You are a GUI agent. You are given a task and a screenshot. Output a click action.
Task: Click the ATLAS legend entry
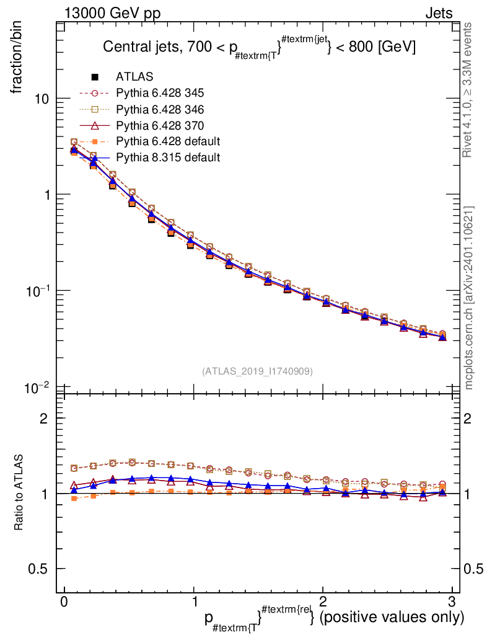(x=134, y=77)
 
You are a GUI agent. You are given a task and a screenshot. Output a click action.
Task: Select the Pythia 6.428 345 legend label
(x=160, y=93)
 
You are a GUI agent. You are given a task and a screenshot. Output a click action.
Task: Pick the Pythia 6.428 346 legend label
(x=160, y=109)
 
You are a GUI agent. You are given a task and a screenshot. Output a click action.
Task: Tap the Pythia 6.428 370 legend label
(x=160, y=125)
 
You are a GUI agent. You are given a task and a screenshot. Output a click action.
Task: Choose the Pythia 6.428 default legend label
(x=168, y=141)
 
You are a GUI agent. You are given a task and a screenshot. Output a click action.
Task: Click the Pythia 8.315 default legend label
(x=168, y=158)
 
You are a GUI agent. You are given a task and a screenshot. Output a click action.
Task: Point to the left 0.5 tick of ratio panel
(x=39, y=569)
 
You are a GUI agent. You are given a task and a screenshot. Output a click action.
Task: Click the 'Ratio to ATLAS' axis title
(x=21, y=493)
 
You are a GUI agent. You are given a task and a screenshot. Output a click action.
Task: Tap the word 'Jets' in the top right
(x=438, y=13)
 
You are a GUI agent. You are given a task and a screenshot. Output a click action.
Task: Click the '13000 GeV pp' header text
(x=112, y=13)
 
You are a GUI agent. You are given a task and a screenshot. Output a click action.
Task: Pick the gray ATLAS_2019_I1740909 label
(x=257, y=371)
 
